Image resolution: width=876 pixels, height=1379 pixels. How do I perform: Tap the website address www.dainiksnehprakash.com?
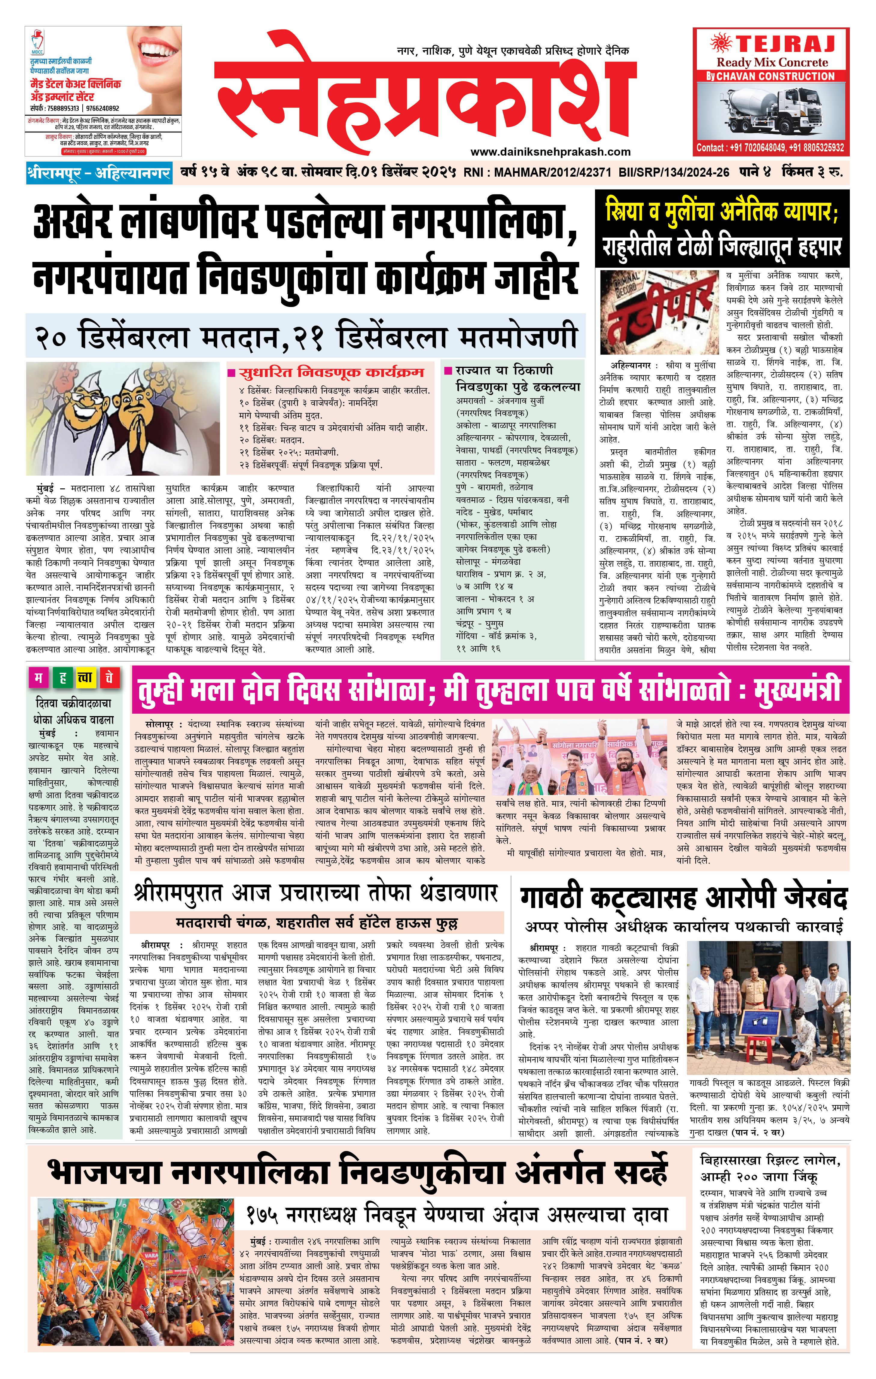pos(550,152)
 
